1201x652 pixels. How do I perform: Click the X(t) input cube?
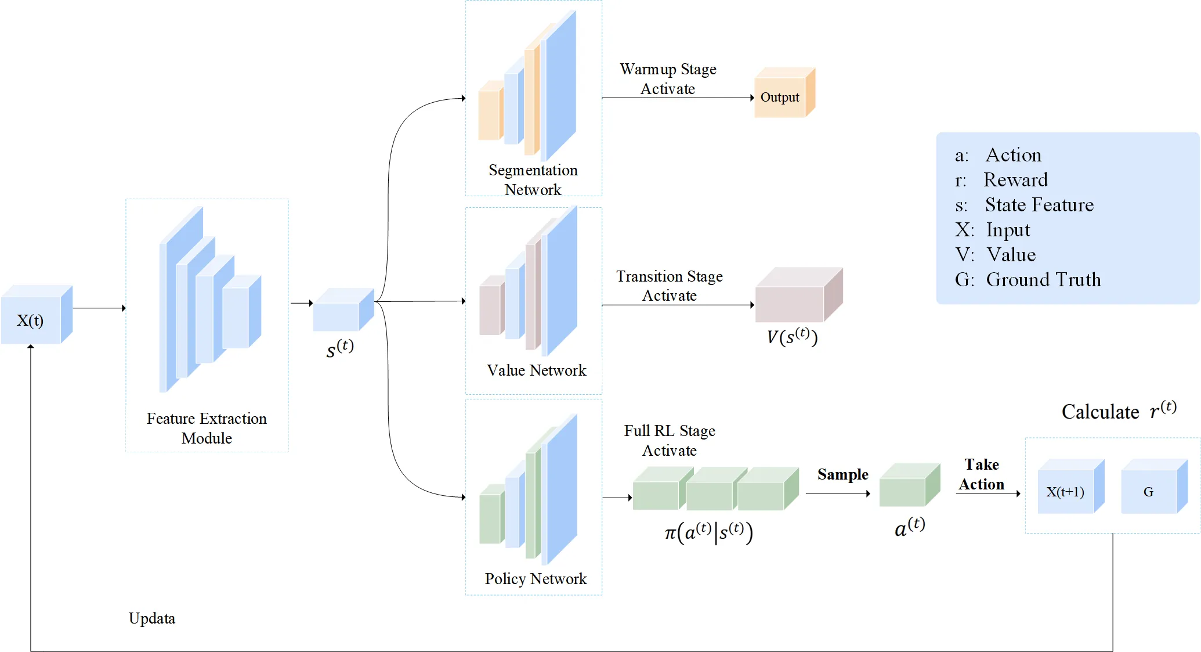(x=32, y=319)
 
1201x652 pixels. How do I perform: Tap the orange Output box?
(x=780, y=96)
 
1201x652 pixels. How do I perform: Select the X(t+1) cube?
(x=1066, y=491)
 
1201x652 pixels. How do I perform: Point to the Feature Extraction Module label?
(x=207, y=428)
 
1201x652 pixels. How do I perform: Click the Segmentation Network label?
(x=533, y=179)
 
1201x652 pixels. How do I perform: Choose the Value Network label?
(x=536, y=370)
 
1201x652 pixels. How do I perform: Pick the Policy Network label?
(x=536, y=578)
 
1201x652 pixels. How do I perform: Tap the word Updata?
(x=151, y=618)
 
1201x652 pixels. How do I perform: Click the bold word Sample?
(x=842, y=474)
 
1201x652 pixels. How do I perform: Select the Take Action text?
(x=981, y=474)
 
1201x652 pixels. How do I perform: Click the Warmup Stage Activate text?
(x=668, y=79)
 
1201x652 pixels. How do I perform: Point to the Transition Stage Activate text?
(x=669, y=286)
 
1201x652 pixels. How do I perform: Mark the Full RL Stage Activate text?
(x=670, y=441)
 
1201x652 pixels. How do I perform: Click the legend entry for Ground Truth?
(x=1028, y=280)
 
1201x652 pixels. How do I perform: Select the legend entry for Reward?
(x=1001, y=180)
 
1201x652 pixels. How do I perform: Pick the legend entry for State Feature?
(x=1024, y=205)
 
